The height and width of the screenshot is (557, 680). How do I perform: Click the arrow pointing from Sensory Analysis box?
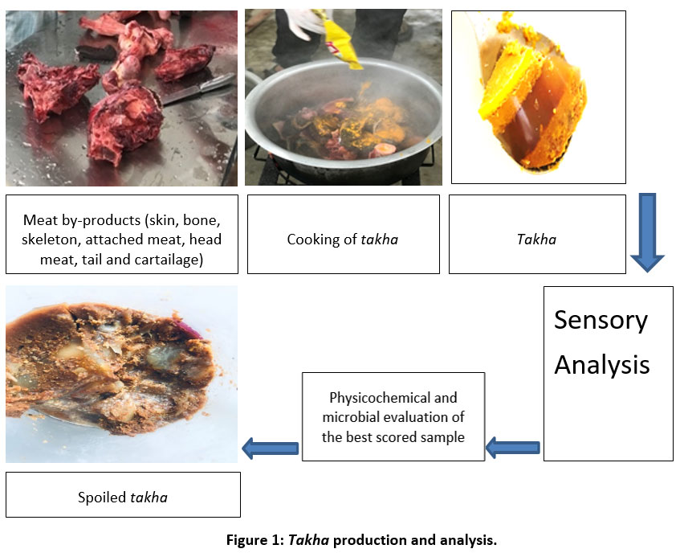tap(513, 448)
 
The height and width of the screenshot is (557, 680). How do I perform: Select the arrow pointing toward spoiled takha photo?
tap(271, 448)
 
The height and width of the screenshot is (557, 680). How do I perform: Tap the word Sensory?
tap(601, 321)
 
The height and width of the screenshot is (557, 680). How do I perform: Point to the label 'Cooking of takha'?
tap(343, 239)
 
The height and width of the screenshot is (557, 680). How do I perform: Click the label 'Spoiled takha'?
tap(123, 497)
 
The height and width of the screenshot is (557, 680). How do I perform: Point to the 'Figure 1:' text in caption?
tap(253, 540)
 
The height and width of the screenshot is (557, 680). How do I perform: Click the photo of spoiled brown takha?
tap(120, 374)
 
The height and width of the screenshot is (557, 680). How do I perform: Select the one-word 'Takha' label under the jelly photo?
tap(536, 239)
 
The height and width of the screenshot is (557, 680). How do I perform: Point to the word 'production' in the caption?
tap(370, 540)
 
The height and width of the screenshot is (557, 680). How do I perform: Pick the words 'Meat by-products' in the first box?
tap(73, 219)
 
